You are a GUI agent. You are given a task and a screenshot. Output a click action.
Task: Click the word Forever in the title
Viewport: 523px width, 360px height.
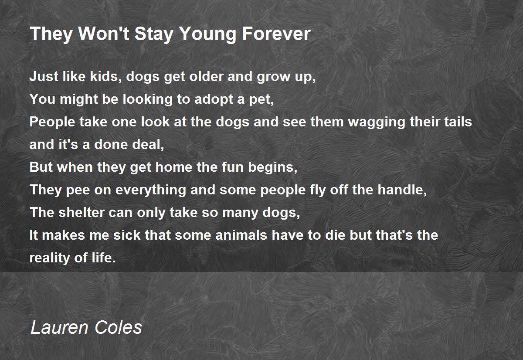pyautogui.click(x=276, y=34)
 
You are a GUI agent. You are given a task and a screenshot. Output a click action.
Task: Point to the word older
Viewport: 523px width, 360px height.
pyautogui.click(x=206, y=76)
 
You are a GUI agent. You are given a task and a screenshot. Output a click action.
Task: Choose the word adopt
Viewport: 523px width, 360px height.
pyautogui.click(x=214, y=99)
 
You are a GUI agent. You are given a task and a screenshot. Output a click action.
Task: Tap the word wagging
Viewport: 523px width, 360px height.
pyautogui.click(x=377, y=122)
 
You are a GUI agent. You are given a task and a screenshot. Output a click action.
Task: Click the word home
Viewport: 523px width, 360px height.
pyautogui.click(x=174, y=167)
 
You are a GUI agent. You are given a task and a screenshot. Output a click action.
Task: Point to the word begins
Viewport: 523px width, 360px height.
pyautogui.click(x=273, y=168)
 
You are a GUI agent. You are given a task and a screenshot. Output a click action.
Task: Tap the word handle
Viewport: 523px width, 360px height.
pyautogui.click(x=402, y=190)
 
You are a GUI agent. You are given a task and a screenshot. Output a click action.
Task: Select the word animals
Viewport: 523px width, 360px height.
pyautogui.click(x=241, y=235)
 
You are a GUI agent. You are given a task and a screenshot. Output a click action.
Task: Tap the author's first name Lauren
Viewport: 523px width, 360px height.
pyautogui.click(x=60, y=327)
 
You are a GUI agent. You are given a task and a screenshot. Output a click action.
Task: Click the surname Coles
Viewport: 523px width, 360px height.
pyautogui.click(x=119, y=327)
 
